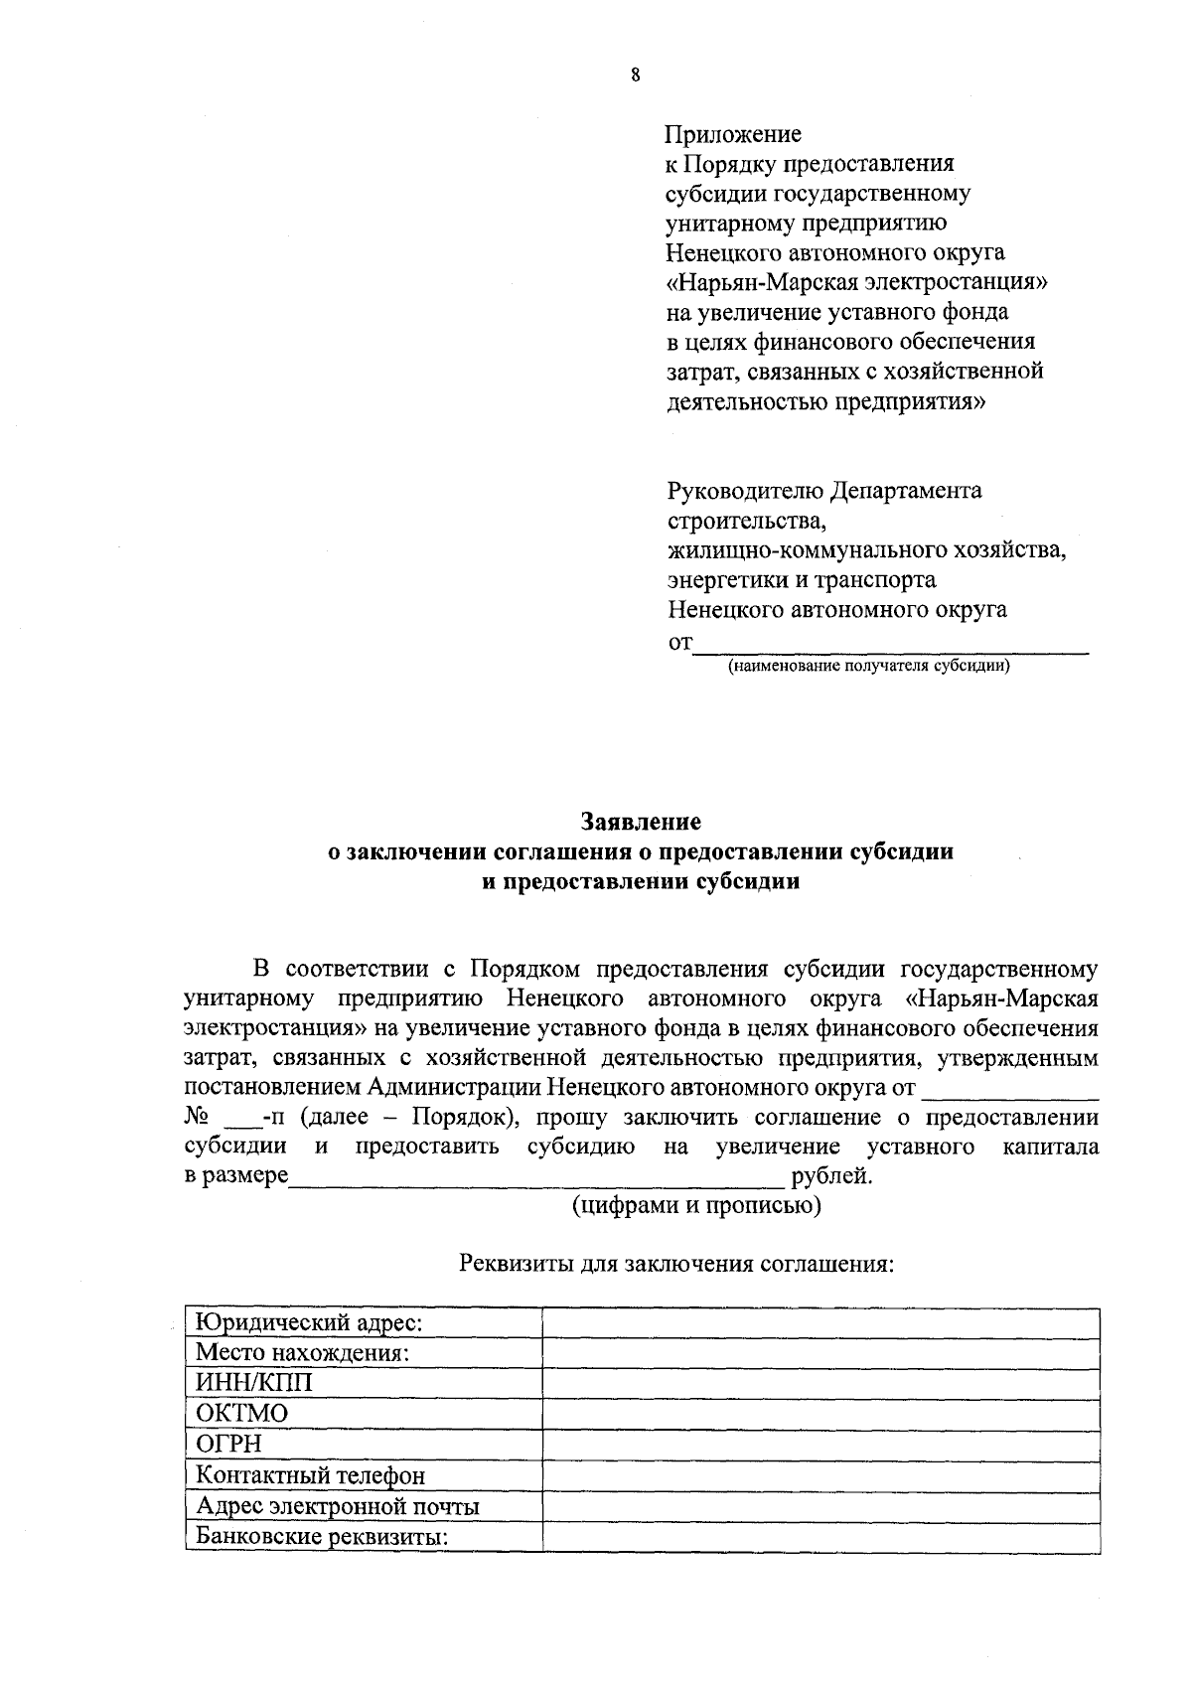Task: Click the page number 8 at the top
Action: click(636, 75)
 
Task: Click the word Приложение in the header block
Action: click(733, 134)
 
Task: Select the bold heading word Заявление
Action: click(641, 822)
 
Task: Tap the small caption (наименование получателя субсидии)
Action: click(869, 666)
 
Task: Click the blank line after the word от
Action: click(889, 646)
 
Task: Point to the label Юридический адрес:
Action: click(309, 1323)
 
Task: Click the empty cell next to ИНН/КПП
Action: click(820, 1383)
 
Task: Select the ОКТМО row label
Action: click(241, 1414)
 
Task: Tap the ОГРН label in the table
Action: click(228, 1445)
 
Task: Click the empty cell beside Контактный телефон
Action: click(820, 1476)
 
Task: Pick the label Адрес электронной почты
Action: click(338, 1507)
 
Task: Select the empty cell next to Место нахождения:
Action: click(820, 1353)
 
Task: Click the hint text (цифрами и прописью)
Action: click(695, 1206)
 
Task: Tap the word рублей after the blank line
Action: click(830, 1177)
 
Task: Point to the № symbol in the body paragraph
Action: click(195, 1118)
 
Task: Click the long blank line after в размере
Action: click(536, 1180)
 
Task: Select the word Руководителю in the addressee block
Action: click(744, 491)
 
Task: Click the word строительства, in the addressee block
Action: click(745, 521)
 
